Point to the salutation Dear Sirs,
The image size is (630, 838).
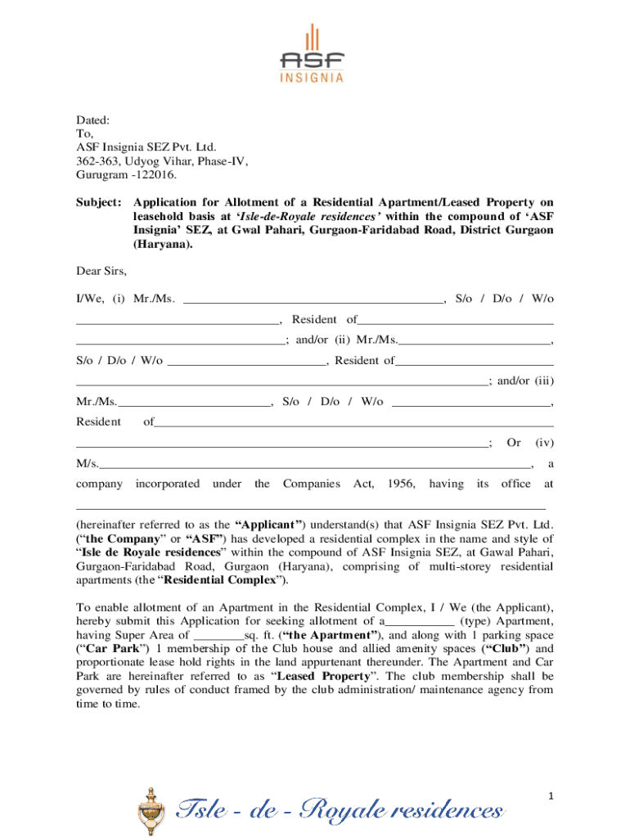coord(101,271)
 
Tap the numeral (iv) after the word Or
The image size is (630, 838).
coord(544,443)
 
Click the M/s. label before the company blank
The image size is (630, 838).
coord(88,464)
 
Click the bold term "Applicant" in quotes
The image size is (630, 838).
coord(269,525)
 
